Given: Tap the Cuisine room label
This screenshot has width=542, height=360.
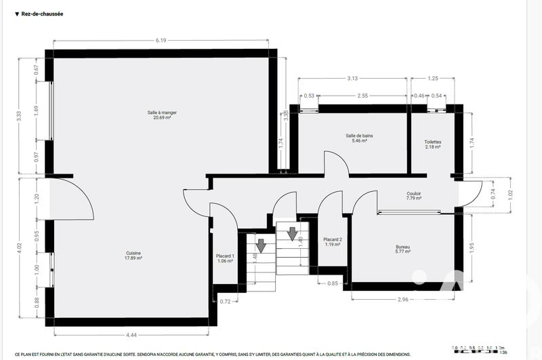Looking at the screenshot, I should [x=132, y=255].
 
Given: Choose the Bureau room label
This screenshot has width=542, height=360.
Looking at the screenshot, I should [x=403, y=249].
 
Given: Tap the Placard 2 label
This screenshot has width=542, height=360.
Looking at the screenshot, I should [x=332, y=241].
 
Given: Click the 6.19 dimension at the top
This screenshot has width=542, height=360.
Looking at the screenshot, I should [x=161, y=41].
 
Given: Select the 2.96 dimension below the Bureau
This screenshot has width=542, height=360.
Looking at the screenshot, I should [x=402, y=299].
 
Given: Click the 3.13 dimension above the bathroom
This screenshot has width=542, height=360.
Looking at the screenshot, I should [x=352, y=79].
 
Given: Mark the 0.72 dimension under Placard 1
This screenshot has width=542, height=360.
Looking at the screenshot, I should [x=226, y=300].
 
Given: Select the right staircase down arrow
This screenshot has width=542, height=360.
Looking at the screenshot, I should [x=292, y=234].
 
